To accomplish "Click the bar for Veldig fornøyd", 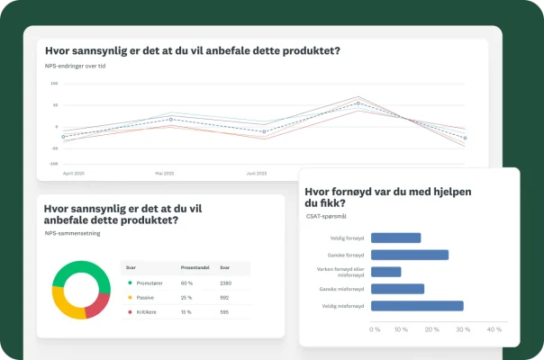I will (x=395, y=238).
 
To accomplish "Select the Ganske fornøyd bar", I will (x=410, y=255).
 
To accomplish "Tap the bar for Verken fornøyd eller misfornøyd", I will (x=385, y=272).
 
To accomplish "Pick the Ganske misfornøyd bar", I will (x=397, y=289).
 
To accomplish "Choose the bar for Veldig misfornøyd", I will (x=417, y=306).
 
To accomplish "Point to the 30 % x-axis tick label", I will (x=463, y=329).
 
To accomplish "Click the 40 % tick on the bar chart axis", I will (x=494, y=329).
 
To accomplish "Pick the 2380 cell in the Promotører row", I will (x=226, y=283).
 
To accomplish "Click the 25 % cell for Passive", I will (x=186, y=297).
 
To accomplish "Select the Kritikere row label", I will (x=147, y=311).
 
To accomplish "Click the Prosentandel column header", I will (x=195, y=268).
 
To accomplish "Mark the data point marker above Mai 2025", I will (x=172, y=119).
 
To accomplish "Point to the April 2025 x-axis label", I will (x=74, y=172).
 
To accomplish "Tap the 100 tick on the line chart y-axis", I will (x=54, y=84).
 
